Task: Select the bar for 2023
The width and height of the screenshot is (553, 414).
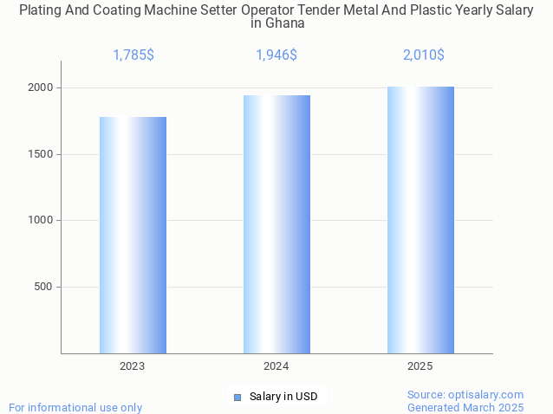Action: click(133, 235)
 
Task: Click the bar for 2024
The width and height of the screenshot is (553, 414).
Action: click(276, 224)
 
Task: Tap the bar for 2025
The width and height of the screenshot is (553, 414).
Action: click(420, 220)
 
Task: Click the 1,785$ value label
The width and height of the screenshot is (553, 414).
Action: click(133, 55)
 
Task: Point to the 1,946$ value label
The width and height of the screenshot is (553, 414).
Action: click(276, 55)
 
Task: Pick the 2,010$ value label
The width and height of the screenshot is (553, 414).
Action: click(424, 55)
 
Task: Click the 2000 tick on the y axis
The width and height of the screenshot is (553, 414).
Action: click(42, 87)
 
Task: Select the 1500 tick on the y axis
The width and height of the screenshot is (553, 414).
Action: click(42, 154)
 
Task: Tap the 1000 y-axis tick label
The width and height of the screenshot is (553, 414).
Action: click(42, 220)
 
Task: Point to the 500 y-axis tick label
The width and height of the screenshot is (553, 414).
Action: click(45, 287)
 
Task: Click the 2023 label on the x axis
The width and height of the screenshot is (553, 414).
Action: click(133, 366)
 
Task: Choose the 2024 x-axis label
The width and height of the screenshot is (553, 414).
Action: click(276, 366)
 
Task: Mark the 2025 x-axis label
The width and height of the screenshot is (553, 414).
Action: click(420, 366)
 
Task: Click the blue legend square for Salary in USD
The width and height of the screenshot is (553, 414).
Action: click(237, 397)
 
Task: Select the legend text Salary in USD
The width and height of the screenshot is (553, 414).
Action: click(283, 397)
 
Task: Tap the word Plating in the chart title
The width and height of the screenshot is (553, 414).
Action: click(42, 10)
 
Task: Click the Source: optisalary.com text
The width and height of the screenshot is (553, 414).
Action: click(465, 394)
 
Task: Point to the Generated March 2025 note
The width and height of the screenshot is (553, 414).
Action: click(465, 407)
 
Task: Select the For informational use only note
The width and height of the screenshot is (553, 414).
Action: click(75, 407)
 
